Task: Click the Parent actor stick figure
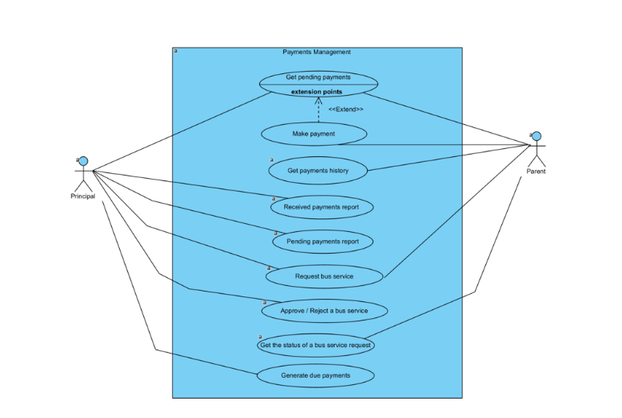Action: pos(536,148)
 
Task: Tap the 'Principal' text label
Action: pos(83,197)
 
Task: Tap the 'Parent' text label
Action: pos(536,172)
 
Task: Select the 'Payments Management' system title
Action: pos(316,52)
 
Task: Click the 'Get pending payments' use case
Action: pos(318,77)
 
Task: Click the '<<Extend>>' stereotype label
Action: pos(345,110)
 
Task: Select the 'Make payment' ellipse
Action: pos(315,134)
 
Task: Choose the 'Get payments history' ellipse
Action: pos(318,171)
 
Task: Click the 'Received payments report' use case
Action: pos(321,207)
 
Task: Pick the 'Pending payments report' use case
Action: pos(322,242)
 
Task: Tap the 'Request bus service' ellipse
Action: pos(323,276)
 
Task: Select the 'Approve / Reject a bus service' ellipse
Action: pos(323,310)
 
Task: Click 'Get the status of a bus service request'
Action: pos(315,345)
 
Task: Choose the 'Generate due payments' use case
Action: pos(315,375)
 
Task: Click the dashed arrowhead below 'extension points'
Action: pos(318,101)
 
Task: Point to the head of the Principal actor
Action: pos(83,161)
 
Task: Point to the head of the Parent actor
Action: pos(536,136)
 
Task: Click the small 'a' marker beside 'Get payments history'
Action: pos(272,159)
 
